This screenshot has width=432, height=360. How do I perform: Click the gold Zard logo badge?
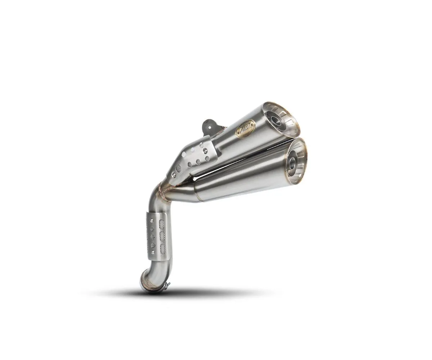[245, 127]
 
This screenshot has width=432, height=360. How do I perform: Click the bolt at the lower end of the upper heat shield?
[174, 175]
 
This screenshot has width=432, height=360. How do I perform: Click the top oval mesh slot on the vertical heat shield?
[162, 224]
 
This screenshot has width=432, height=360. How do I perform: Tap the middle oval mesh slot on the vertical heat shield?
[162, 236]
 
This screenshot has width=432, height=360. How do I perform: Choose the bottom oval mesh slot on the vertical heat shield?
[163, 249]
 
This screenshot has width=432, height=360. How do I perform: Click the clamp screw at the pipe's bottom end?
[166, 286]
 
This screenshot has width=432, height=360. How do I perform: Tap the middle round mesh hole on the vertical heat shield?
[153, 237]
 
